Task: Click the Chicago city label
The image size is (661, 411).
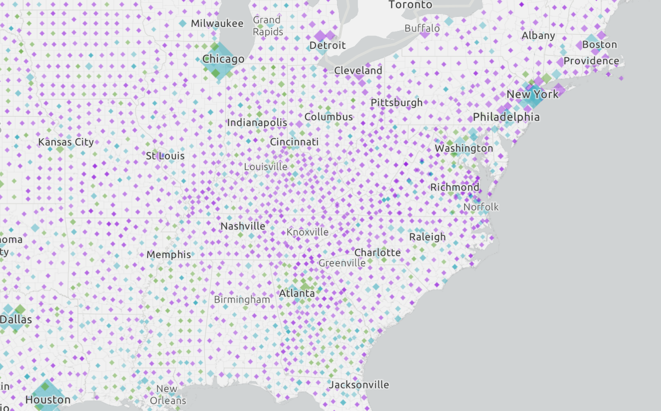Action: coord(223,59)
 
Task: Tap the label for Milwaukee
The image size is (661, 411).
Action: coord(217,23)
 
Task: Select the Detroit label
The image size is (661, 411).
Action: coord(328,45)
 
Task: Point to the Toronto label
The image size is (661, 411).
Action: coord(410,5)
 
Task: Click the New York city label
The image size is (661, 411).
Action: coord(532,94)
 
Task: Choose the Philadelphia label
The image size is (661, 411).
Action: coord(506,117)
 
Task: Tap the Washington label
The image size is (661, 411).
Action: coord(464,148)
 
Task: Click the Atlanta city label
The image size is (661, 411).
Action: coord(297,293)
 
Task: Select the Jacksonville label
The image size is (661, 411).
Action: coord(359,385)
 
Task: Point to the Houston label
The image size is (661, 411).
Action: coord(48,400)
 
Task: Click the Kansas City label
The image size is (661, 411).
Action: coord(66,142)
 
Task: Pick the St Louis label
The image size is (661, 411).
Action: coord(165,156)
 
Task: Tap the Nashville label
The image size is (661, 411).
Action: coord(243,226)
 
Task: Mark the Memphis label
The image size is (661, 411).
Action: coord(168,254)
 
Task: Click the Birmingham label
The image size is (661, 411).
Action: coord(242,300)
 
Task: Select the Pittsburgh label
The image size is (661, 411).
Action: coord(396,102)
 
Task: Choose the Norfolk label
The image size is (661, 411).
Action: coord(481,206)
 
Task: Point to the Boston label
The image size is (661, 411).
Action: coord(600,44)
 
